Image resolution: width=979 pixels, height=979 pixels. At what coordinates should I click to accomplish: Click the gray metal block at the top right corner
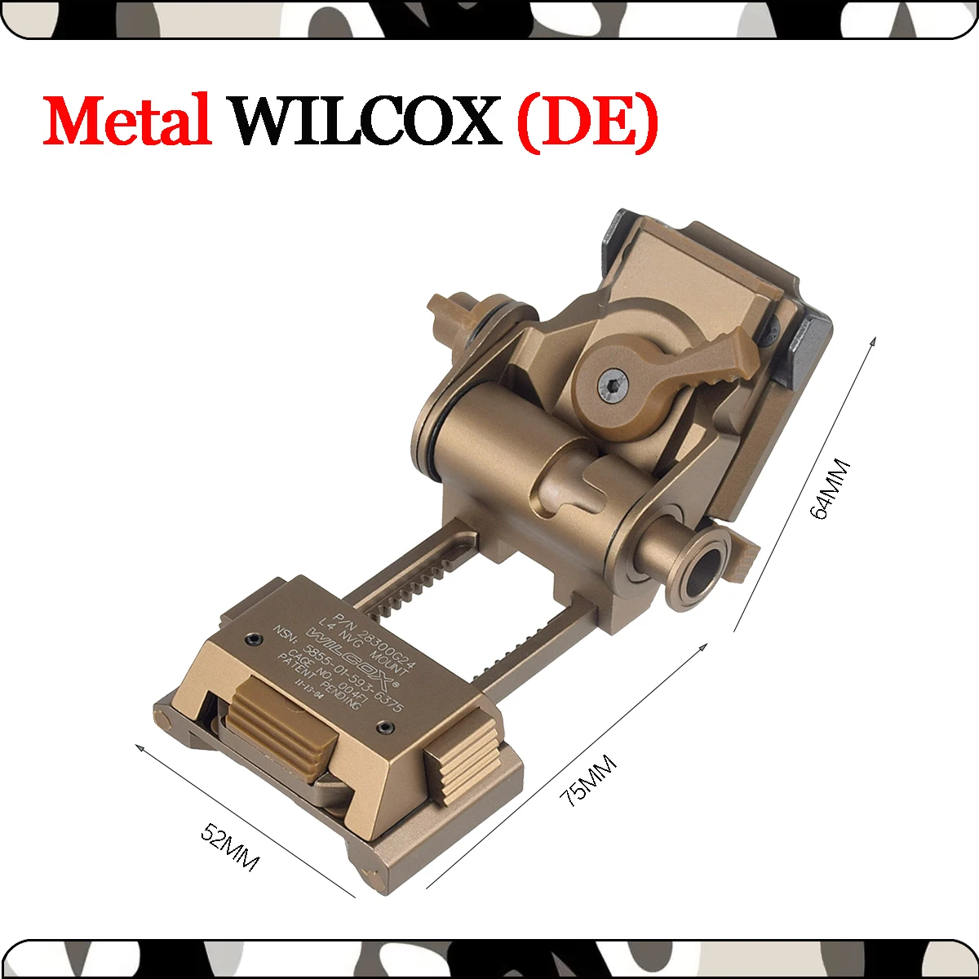[804, 351]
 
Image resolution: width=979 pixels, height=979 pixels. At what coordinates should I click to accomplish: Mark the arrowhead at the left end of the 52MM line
[140, 747]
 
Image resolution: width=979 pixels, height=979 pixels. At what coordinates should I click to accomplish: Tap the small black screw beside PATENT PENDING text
[383, 725]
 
